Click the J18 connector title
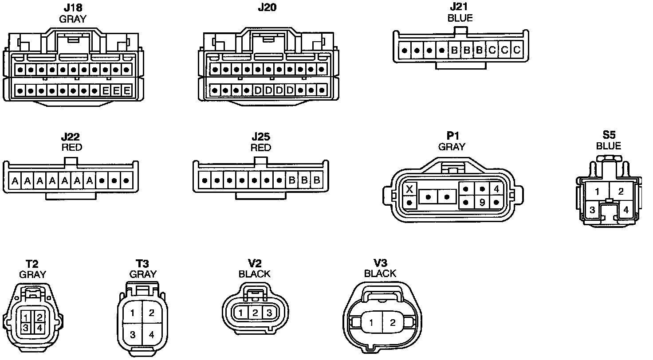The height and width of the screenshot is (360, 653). (72, 8)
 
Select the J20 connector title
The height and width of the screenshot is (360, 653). (267, 8)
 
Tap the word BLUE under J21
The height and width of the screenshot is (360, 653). (460, 18)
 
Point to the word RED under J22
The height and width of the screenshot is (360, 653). (71, 147)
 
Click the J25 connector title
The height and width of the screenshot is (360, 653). (261, 137)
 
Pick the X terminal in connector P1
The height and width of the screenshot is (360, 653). (410, 189)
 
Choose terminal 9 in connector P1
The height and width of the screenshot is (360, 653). (481, 203)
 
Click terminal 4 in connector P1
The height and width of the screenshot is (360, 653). (496, 189)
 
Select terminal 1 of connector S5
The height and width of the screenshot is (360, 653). (598, 192)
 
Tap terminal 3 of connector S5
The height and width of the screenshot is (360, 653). (592, 210)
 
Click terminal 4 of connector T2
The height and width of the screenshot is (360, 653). (39, 328)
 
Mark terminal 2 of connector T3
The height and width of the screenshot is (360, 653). (151, 313)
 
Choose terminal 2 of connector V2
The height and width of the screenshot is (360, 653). (255, 313)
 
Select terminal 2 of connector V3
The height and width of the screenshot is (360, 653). (392, 323)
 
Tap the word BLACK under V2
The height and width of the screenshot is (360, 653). (254, 274)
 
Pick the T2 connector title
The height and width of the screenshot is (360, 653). (32, 264)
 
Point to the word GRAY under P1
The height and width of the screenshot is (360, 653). (452, 146)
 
